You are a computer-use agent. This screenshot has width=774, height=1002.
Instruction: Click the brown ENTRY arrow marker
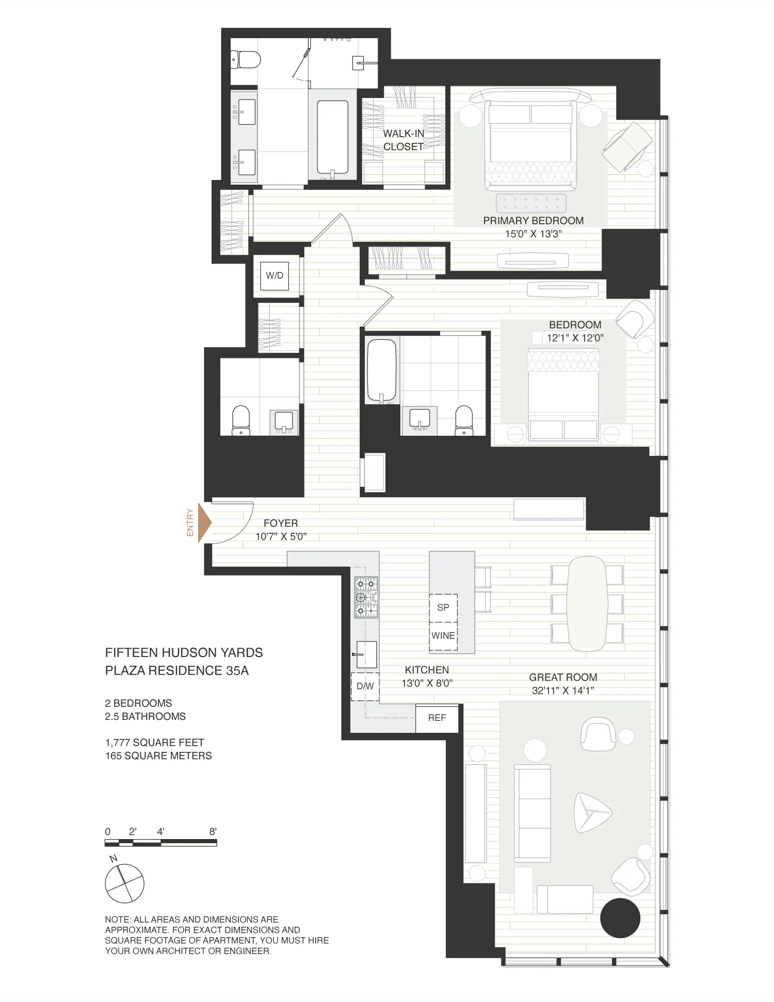click(x=205, y=523)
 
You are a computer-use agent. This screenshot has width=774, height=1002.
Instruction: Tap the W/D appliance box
click(x=275, y=275)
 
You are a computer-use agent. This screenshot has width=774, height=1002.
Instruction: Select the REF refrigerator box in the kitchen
click(x=437, y=718)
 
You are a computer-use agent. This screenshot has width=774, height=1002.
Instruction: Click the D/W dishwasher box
click(x=365, y=686)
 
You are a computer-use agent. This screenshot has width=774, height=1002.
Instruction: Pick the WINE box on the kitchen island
click(x=443, y=636)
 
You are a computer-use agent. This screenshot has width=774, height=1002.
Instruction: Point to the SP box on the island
click(x=443, y=607)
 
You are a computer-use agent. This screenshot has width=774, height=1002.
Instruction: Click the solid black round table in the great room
click(x=620, y=918)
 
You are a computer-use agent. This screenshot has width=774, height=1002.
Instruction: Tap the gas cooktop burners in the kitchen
click(x=366, y=597)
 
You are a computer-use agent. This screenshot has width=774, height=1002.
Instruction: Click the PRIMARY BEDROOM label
click(x=533, y=221)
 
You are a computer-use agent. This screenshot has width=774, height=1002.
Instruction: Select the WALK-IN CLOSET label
click(x=404, y=140)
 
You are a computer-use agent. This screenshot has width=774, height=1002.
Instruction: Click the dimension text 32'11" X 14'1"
click(x=563, y=691)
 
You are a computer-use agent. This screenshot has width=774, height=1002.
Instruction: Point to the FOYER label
click(x=281, y=523)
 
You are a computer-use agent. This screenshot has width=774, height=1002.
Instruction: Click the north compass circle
click(x=124, y=883)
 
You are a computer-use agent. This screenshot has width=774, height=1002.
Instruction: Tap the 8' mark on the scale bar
click(x=213, y=831)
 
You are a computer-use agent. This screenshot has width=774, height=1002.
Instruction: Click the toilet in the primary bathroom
click(x=245, y=60)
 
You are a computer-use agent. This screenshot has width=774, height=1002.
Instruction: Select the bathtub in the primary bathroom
click(x=332, y=137)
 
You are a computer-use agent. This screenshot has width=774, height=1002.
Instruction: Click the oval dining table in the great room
click(x=587, y=604)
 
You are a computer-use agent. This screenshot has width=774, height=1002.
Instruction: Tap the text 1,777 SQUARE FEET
click(x=155, y=743)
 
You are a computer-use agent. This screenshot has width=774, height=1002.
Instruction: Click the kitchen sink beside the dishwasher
click(x=366, y=654)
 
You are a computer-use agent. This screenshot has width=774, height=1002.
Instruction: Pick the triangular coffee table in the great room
click(x=591, y=813)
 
